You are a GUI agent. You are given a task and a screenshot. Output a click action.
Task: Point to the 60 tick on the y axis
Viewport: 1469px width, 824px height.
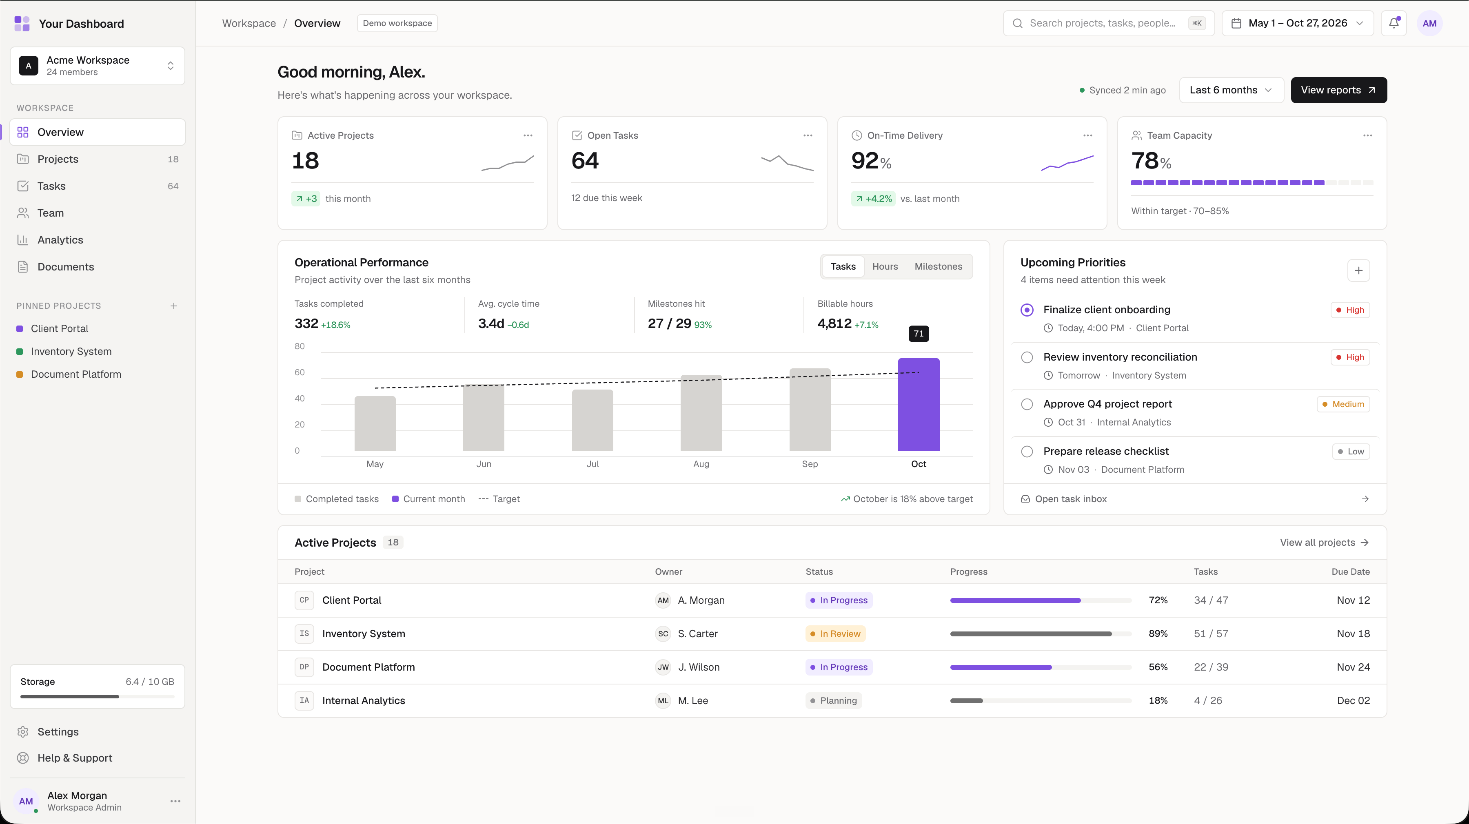[300, 372]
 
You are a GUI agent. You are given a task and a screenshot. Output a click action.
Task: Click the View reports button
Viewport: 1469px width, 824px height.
[1338, 90]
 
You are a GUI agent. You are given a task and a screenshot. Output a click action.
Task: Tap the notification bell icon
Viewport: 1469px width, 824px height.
[1394, 23]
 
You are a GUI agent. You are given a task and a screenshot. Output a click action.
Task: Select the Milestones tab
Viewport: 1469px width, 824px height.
[938, 266]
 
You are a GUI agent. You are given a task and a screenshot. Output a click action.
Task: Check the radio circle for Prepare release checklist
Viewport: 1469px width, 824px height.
[1027, 452]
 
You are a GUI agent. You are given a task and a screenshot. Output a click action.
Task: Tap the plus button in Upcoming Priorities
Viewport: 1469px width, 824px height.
[1358, 271]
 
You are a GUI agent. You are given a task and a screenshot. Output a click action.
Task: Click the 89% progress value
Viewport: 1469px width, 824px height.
[1158, 634]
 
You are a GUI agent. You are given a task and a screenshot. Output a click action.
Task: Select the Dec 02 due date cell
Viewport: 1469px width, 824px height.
[1353, 700]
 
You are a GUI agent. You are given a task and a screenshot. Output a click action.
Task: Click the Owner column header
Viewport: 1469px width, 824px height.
[668, 571]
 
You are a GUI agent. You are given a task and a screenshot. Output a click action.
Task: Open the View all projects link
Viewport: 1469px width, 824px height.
[1324, 542]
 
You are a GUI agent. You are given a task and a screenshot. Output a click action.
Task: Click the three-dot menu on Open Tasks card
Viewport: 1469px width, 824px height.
[808, 135]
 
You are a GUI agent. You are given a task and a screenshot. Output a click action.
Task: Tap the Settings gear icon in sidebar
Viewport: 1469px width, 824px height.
[23, 732]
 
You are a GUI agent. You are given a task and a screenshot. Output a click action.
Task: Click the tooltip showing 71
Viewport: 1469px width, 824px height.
[919, 334]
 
